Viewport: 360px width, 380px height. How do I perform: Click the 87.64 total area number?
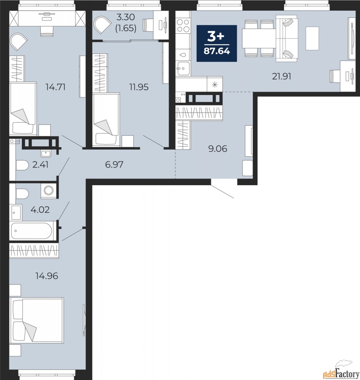[217, 51]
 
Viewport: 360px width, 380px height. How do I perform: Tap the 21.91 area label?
[282, 77]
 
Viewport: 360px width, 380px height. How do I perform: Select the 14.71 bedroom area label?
[56, 87]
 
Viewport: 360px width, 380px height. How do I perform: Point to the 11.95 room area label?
[139, 87]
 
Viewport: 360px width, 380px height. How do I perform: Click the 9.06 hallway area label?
[218, 149]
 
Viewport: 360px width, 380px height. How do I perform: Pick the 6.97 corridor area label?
[114, 165]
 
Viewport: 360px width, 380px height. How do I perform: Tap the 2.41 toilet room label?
[40, 165]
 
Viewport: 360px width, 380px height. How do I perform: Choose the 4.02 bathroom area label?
[40, 210]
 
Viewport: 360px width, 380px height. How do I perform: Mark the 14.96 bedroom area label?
[47, 276]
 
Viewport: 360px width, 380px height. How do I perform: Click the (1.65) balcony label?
[126, 28]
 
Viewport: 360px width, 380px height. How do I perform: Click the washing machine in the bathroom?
[48, 191]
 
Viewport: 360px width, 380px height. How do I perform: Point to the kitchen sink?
[183, 68]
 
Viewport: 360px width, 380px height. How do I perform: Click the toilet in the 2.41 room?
[22, 165]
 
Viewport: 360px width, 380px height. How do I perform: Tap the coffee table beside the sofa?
[312, 39]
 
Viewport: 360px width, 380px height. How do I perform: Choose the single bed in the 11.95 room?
[106, 119]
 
